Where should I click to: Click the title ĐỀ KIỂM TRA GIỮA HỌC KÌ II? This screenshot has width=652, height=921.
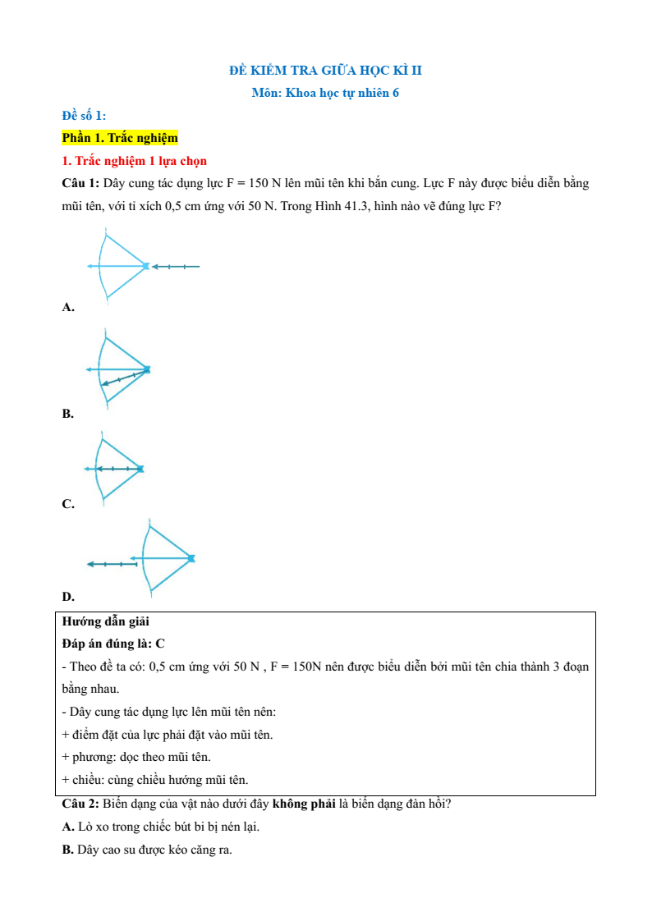(x=325, y=71)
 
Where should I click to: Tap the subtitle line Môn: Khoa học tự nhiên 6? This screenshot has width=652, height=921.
(x=325, y=93)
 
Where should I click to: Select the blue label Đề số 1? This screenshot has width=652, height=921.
(x=84, y=115)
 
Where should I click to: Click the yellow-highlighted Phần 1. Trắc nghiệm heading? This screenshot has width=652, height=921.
(x=120, y=138)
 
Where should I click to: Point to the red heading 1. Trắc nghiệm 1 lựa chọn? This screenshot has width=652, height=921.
(x=135, y=160)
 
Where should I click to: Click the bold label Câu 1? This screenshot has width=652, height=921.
(x=80, y=183)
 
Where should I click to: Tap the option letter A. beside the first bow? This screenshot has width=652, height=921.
(x=68, y=307)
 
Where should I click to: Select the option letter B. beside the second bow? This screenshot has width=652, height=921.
(x=68, y=414)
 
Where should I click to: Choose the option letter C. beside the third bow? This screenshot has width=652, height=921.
(x=68, y=504)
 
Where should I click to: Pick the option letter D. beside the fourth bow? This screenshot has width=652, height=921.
(x=68, y=596)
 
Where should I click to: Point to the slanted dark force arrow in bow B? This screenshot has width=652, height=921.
(x=125, y=378)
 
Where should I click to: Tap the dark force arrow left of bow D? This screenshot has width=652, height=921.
(x=112, y=564)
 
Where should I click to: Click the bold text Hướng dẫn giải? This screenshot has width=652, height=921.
(x=105, y=621)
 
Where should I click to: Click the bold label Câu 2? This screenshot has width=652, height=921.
(x=80, y=804)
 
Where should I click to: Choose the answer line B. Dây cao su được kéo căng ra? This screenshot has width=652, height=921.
(x=147, y=850)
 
